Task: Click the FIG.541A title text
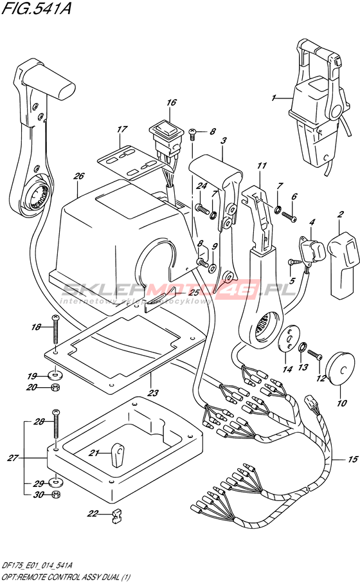(x=36, y=8)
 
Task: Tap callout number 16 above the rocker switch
(x=172, y=102)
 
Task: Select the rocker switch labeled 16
(x=166, y=138)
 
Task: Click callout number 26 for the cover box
(x=79, y=176)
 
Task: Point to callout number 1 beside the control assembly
(x=274, y=98)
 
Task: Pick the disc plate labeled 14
(x=288, y=338)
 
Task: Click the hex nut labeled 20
(x=55, y=387)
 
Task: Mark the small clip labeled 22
(x=116, y=517)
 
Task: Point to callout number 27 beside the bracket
(x=13, y=457)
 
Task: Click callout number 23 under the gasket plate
(x=153, y=392)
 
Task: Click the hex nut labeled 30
(x=55, y=495)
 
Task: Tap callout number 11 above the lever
(x=262, y=165)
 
